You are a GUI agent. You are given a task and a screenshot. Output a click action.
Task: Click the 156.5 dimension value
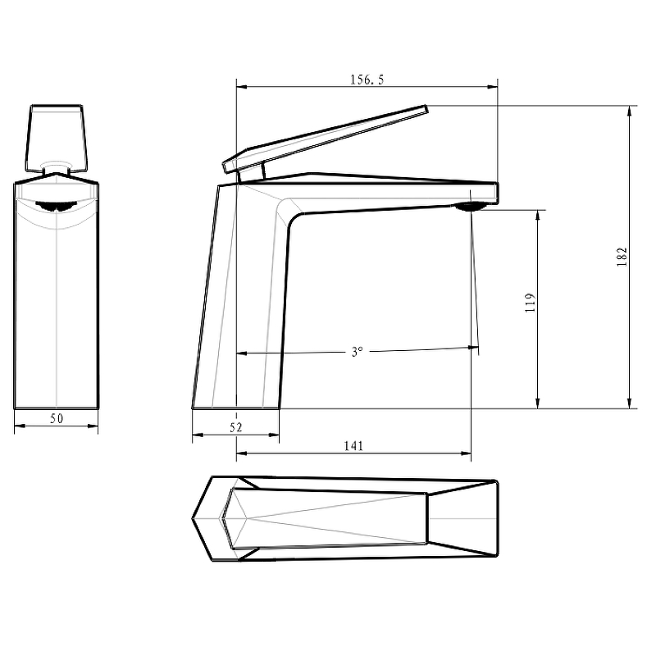pos(367,80)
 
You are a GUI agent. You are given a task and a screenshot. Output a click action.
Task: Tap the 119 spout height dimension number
pos(530,303)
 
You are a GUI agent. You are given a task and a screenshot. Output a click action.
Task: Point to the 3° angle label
pos(357,352)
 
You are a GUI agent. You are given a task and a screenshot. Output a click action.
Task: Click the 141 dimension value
pos(353,445)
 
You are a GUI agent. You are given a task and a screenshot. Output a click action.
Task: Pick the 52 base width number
pos(236,427)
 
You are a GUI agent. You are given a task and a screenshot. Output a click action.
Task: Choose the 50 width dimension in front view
pos(57,419)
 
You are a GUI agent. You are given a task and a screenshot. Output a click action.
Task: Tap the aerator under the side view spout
pos(471,207)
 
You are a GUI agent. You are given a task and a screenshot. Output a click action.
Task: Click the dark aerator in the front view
pos(55,206)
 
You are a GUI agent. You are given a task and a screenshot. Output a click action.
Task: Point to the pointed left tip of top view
pos(194,518)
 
